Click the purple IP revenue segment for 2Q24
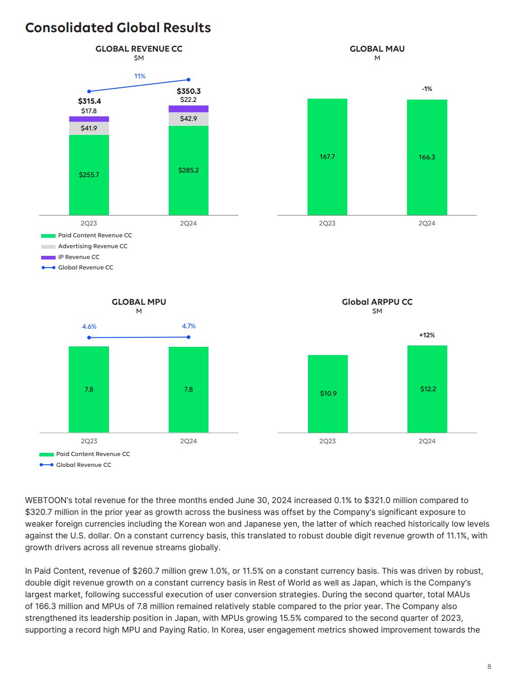point(189,109)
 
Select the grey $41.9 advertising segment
point(89,128)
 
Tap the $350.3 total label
point(189,91)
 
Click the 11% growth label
point(140,76)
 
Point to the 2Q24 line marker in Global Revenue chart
point(189,80)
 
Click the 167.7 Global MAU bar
point(327,157)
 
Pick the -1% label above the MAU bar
point(427,89)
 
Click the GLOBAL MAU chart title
point(377,48)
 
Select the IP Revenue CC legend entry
point(70,257)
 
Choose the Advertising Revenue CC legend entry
point(84,246)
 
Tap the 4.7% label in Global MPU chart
point(189,326)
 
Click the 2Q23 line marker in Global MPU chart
point(89,338)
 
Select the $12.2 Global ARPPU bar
point(427,389)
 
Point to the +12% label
point(427,335)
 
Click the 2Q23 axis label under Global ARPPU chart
point(327,441)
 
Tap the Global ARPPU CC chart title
point(377,302)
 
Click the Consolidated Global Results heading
point(118,28)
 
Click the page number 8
point(489,667)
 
